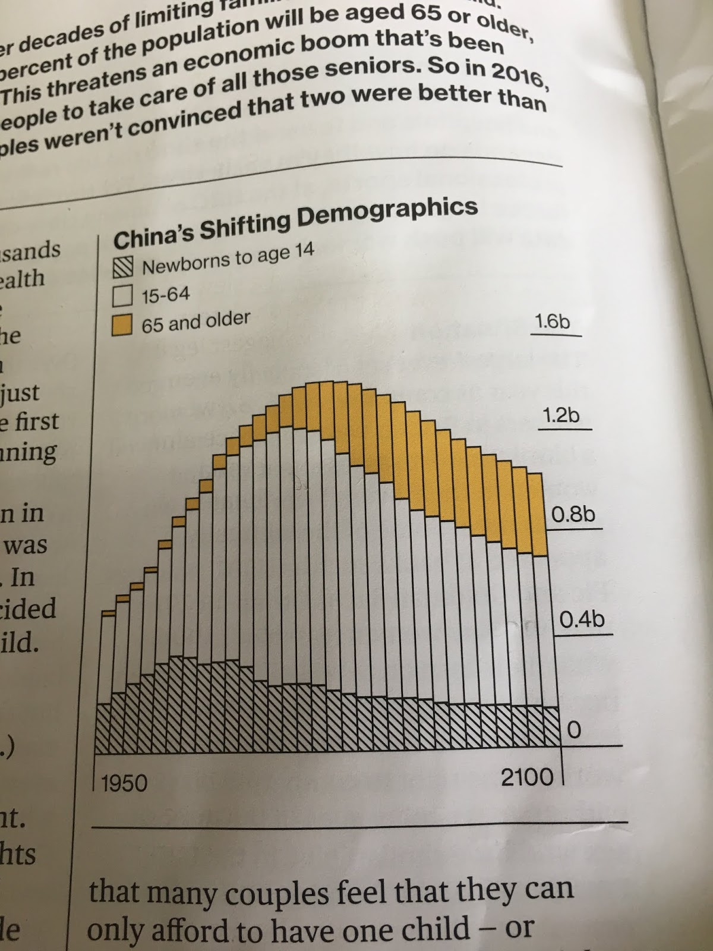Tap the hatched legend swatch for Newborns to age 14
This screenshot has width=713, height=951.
tap(122, 269)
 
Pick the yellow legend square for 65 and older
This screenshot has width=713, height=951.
tap(122, 325)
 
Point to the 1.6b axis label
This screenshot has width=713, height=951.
tap(552, 322)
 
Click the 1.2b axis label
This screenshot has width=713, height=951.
tap(561, 415)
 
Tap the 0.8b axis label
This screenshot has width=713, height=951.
tap(573, 514)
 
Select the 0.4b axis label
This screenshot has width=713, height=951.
tap(582, 620)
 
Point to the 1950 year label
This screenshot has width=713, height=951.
tap(124, 783)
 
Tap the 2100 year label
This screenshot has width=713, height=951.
tap(527, 777)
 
